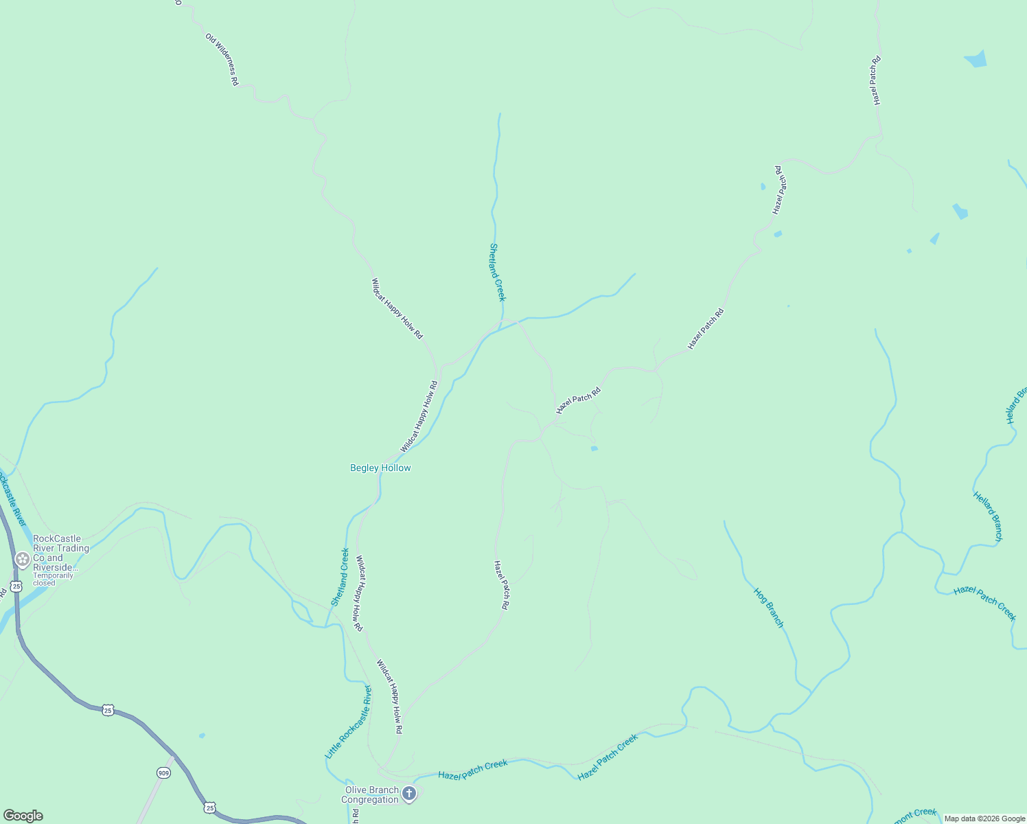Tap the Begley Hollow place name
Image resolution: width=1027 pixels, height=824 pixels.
point(380,468)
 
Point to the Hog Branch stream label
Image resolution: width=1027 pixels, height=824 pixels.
point(768,607)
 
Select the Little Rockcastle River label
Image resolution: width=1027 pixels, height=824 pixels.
point(348,722)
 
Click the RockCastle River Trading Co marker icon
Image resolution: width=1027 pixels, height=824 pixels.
point(23,559)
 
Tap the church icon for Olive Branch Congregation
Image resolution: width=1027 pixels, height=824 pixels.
point(408,794)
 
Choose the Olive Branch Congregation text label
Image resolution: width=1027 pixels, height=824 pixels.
point(370,794)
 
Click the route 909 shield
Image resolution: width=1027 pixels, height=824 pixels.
point(163,772)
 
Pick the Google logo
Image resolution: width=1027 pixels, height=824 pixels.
point(23,816)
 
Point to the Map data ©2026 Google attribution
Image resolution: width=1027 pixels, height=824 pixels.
point(984,819)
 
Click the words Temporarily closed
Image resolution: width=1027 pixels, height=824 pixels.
point(53,579)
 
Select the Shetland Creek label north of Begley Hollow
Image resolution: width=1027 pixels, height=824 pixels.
point(498,272)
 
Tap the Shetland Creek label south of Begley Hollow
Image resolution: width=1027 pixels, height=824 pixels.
point(340,577)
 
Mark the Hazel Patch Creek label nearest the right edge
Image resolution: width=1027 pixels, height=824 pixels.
point(984,602)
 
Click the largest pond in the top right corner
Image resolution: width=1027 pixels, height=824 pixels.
point(976,60)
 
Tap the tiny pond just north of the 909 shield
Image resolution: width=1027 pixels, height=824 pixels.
point(202,735)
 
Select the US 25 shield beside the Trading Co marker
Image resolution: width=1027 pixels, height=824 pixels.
point(16,586)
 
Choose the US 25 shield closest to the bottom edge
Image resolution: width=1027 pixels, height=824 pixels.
point(209,807)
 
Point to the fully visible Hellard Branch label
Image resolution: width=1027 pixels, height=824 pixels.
point(988,516)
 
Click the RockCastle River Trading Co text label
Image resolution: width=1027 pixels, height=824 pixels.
point(61,553)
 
